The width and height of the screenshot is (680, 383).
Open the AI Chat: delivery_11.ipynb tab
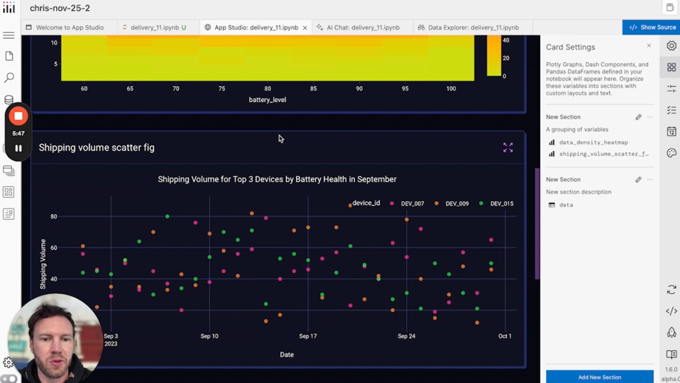click(363, 28)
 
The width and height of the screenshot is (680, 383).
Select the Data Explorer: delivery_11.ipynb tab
click(473, 28)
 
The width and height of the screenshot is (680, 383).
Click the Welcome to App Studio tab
click(69, 28)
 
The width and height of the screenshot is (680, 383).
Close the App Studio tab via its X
click(305, 28)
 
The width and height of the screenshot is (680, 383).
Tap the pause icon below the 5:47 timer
click(18, 148)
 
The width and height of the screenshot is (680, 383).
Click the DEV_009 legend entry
click(457, 204)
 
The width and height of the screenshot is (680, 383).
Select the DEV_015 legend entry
click(501, 204)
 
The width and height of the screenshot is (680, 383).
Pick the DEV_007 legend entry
click(412, 204)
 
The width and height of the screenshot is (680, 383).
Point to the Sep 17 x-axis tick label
click(308, 336)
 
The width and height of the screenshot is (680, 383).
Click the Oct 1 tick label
click(505, 336)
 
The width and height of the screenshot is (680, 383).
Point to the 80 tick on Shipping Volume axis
click(54, 216)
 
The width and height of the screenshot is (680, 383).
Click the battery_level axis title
click(267, 100)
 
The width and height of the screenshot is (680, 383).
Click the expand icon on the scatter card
click(508, 148)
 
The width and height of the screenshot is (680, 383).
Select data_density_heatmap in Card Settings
click(593, 142)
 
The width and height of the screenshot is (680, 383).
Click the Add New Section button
click(600, 377)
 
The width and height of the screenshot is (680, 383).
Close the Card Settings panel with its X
click(649, 46)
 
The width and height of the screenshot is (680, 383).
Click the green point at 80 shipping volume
click(167, 216)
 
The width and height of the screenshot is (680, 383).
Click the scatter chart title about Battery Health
click(277, 179)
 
